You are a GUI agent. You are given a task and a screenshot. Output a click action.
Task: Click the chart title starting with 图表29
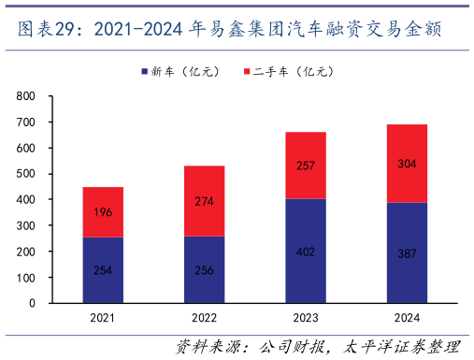[230, 30]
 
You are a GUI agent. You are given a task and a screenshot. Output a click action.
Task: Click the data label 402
[306, 252]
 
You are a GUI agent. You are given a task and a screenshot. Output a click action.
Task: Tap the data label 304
[407, 164]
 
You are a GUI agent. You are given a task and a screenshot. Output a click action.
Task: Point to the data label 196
[103, 212]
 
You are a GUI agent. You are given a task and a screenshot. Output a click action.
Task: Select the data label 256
[204, 270]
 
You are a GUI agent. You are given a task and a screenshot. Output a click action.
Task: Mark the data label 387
[407, 253]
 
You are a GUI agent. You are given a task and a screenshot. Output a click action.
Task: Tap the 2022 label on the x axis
[204, 319]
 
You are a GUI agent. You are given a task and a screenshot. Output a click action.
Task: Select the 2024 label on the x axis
[407, 319]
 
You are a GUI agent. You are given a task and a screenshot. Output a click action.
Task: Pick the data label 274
[204, 201]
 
